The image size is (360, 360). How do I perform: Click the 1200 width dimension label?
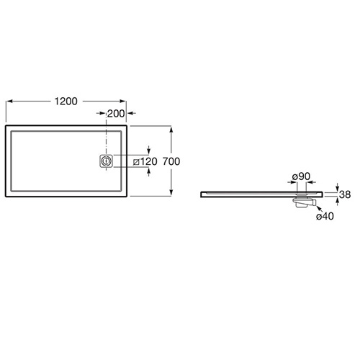point(66,102)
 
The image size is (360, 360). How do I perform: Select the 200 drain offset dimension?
point(116,114)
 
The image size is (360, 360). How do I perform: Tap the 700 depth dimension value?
point(171,161)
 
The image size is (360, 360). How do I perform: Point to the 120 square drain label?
point(145,161)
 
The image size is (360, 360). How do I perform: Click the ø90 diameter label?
point(301,176)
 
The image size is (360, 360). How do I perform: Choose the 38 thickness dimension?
point(345,194)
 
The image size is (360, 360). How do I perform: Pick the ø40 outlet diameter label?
point(325,216)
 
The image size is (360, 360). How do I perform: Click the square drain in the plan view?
point(106,161)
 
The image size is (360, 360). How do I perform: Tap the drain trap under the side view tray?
point(304,202)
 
